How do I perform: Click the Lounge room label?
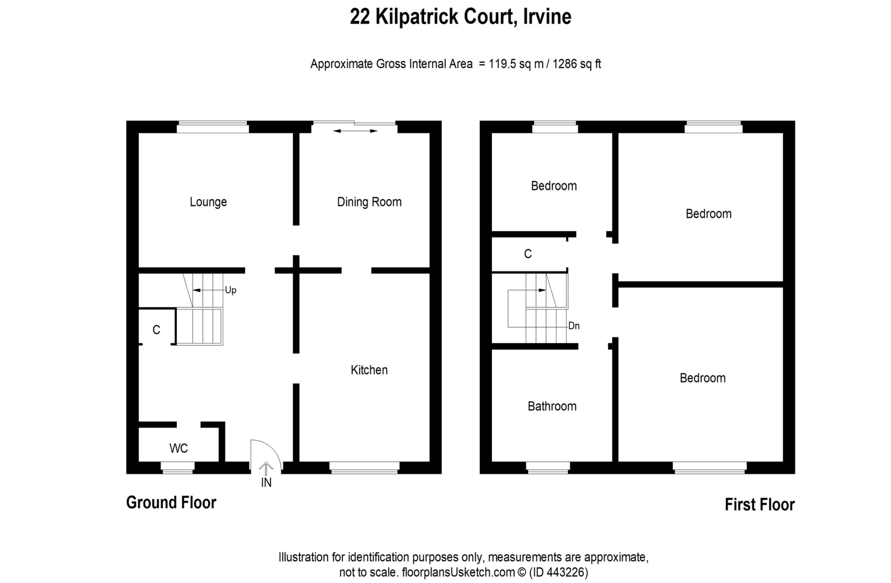point(208,202)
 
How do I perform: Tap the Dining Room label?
point(369,202)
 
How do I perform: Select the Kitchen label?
point(369,370)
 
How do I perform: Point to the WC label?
point(179,448)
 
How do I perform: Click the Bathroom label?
point(552,406)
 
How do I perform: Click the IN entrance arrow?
point(266,469)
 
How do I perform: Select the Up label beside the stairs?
point(231,290)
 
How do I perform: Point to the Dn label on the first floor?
point(574,326)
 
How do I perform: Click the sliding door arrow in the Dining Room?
point(355,131)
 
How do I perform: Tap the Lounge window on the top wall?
point(213,127)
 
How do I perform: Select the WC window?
point(177,468)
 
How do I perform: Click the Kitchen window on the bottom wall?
point(364,468)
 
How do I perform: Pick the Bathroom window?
point(548,468)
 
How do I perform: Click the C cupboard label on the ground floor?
point(156,330)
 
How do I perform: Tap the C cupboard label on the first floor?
point(528,254)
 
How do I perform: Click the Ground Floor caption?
point(171,503)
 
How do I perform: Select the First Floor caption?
point(760,505)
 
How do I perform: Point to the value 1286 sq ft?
point(577,64)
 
